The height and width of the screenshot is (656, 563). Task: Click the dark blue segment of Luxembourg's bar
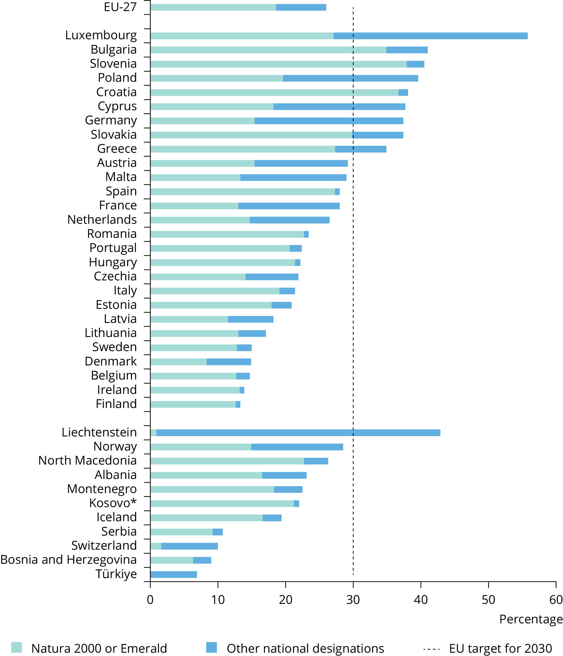pos(430,36)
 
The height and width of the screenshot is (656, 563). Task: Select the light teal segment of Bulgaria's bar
pos(268,50)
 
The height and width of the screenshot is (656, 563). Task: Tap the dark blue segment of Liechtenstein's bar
pos(298,433)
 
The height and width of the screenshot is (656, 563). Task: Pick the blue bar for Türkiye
pos(173,575)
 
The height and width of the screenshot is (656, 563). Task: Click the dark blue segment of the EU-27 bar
pos(301,7)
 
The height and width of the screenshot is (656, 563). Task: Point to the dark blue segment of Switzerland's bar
pos(189,546)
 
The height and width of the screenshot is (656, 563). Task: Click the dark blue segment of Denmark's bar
pos(228,362)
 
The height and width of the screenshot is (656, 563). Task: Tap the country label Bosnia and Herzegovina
pos(68,560)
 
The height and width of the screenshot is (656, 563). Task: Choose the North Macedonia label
pos(87,461)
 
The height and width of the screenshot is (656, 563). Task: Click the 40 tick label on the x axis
pos(420,600)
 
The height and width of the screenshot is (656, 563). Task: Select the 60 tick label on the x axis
pos(556,600)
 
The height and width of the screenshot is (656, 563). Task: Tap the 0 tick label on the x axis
pos(150,600)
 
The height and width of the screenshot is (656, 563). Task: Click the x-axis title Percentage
pos(531,619)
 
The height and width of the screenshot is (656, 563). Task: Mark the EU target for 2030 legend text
pos(500,648)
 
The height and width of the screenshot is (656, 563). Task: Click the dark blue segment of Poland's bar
pos(350,78)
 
